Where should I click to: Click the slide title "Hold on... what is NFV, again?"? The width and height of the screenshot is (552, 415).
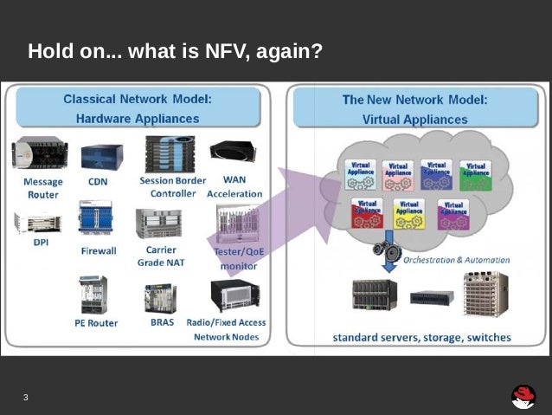[x=175, y=51]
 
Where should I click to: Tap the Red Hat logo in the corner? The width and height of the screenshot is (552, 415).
[x=523, y=397]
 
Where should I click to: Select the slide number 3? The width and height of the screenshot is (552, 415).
[x=26, y=398]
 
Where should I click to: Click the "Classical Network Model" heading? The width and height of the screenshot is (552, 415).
[x=138, y=100]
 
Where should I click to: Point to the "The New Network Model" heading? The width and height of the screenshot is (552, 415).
[x=414, y=100]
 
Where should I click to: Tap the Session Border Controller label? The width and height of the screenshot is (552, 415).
[x=172, y=186]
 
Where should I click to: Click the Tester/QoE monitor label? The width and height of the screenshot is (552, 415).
[x=238, y=258]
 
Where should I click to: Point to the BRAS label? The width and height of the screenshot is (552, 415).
[x=162, y=322]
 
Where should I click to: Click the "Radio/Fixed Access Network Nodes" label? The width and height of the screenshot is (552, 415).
[x=226, y=329]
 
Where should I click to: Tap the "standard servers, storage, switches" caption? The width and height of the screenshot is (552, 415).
[x=421, y=337]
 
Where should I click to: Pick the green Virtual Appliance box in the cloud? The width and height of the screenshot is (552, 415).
[x=475, y=174]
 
